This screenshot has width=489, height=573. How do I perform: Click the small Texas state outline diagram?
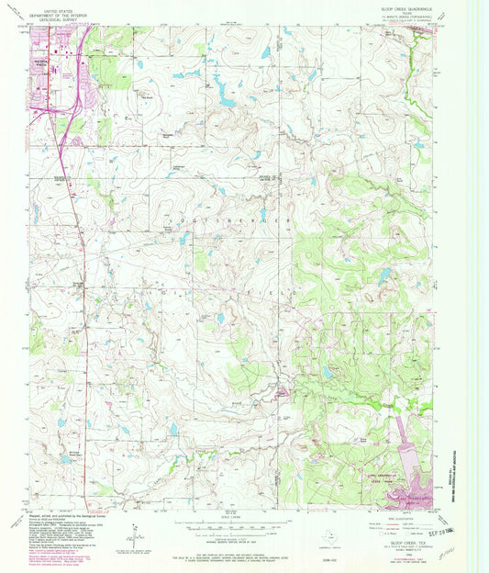(329, 532)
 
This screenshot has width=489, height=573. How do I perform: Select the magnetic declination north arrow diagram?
(135, 532)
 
